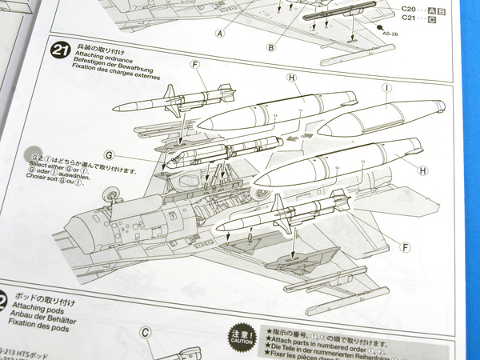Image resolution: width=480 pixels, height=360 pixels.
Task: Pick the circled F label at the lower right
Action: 406,247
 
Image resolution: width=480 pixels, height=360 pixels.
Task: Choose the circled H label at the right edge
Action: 422,170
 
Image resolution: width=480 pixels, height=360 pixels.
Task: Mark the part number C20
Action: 408,11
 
